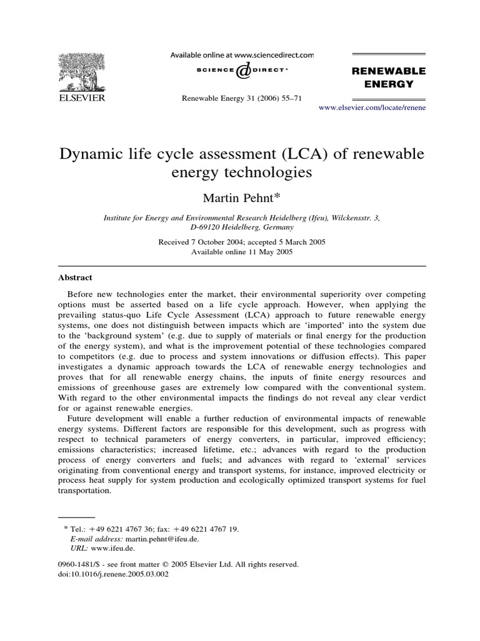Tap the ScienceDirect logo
click(x=242, y=73)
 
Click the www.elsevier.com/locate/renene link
click(x=372, y=108)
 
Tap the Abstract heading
click(x=76, y=277)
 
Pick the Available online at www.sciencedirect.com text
click(x=242, y=55)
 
